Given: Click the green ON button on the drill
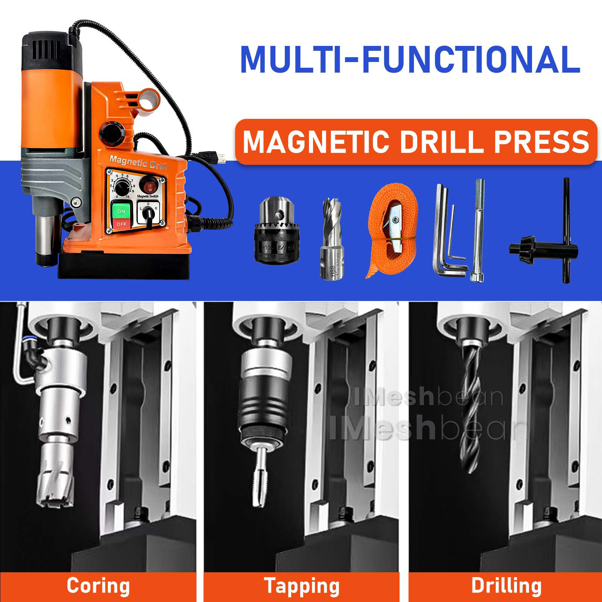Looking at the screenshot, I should [121, 211].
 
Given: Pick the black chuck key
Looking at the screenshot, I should [546, 245].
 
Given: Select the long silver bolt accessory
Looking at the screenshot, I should [479, 230].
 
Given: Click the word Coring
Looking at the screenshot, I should [98, 586].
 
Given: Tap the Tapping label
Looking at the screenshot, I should [301, 586].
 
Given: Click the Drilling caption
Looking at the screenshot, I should [506, 586].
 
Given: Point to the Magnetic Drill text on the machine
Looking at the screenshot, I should [138, 163].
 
